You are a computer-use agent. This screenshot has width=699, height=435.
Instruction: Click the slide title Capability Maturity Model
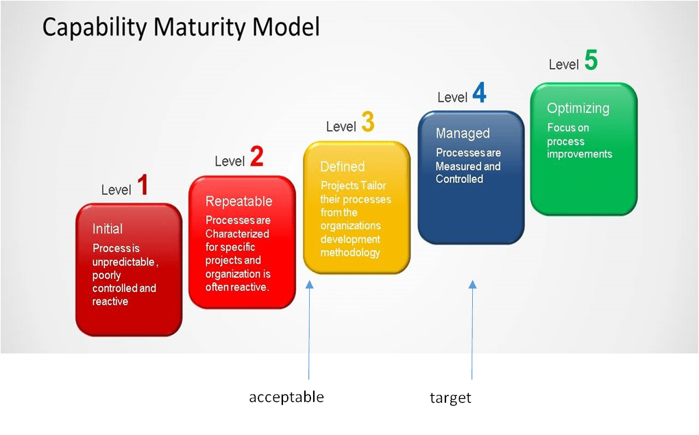point(181,27)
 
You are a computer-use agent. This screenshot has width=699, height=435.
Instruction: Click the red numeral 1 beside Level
point(143,186)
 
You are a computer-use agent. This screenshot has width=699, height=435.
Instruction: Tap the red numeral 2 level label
point(256,157)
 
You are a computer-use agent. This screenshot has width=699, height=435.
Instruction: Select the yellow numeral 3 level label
point(367,123)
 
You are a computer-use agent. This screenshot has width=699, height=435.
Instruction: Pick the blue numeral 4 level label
point(479,93)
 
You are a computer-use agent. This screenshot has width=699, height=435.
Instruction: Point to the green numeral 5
point(590,61)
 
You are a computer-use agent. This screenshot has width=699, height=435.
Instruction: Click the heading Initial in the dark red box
point(108,229)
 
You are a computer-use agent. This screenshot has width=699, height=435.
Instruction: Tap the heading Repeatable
point(238,201)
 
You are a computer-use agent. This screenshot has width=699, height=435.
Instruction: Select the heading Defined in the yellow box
point(342,166)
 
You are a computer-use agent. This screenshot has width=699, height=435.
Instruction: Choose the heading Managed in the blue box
point(463,133)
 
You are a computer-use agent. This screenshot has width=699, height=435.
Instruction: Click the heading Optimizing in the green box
point(578,108)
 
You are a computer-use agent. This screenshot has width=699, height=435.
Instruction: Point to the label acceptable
point(286,397)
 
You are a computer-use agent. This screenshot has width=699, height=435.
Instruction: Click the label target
point(450,398)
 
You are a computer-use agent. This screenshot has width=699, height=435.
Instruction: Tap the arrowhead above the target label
point(472,284)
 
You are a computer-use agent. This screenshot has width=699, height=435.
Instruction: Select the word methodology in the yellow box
point(349,253)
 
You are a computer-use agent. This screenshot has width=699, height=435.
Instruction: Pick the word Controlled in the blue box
point(459,179)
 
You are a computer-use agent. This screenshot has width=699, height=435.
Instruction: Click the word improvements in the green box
point(579,154)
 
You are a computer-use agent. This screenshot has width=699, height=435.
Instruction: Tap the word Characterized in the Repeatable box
point(237,234)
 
